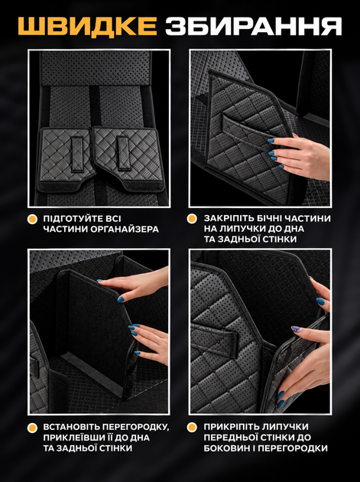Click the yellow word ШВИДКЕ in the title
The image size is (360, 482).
[88, 26]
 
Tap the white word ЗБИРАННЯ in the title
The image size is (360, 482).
[254, 26]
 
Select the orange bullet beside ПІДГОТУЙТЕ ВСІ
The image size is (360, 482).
[32, 219]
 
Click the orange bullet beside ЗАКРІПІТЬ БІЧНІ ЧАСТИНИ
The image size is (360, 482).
[192, 219]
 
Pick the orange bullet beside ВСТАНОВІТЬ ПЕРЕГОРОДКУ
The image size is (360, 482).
[32, 427]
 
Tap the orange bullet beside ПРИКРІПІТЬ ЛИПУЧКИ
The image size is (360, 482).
[192, 427]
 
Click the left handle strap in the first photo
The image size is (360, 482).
[77, 154]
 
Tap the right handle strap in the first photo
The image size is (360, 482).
[124, 153]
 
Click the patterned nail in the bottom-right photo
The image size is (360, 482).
[295, 329]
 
